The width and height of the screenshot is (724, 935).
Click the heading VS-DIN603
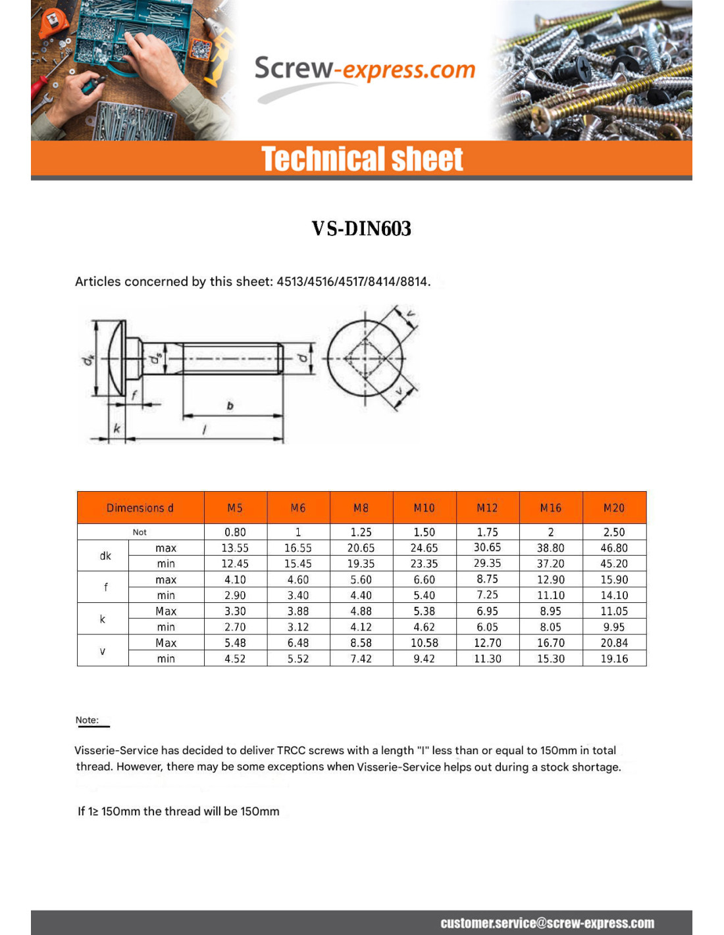361,229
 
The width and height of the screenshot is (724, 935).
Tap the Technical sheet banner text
362,159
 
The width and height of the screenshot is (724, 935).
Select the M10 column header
424,508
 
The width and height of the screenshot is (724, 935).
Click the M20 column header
613,508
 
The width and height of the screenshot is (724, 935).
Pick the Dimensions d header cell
140,508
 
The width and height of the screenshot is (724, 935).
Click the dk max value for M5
235,548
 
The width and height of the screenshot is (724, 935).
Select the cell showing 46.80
613,548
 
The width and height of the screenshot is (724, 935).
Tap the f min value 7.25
487,595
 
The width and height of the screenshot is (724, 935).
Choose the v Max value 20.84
613,643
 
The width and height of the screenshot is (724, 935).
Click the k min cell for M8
361,627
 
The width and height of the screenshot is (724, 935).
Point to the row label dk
105,556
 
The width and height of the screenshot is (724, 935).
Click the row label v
103,651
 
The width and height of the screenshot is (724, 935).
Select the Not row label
140,532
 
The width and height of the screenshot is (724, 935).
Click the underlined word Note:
87,720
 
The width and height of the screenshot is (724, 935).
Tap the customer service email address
547,923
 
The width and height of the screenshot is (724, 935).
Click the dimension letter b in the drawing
230,406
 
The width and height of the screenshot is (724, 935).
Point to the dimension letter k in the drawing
116,429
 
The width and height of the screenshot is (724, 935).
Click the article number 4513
290,281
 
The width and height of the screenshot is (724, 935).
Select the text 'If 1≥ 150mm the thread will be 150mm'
178,811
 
